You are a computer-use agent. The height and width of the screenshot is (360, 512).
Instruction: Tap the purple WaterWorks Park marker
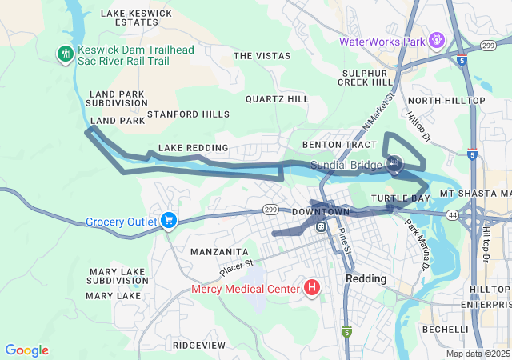pos(436,40)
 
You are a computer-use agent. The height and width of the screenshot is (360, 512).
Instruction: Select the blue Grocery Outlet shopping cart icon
pos(168,221)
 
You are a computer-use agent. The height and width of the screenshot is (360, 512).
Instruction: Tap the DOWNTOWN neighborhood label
pos(321,211)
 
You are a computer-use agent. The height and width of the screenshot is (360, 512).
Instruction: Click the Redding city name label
pos(366,278)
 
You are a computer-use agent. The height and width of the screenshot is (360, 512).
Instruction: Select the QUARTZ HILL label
pos(277,99)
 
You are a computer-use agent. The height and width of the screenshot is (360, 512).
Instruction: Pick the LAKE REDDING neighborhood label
pos(193,148)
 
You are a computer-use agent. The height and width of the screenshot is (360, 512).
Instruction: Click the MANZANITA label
pos(214,251)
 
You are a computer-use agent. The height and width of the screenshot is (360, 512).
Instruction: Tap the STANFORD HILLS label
pos(188,114)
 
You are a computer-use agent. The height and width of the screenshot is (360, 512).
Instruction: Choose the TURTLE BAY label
pos(401,198)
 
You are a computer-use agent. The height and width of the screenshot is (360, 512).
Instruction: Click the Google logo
pos(26,350)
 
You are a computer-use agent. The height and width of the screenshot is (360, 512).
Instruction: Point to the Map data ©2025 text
pos(478,354)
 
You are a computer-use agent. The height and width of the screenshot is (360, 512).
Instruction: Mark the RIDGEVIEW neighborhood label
pos(198,345)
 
